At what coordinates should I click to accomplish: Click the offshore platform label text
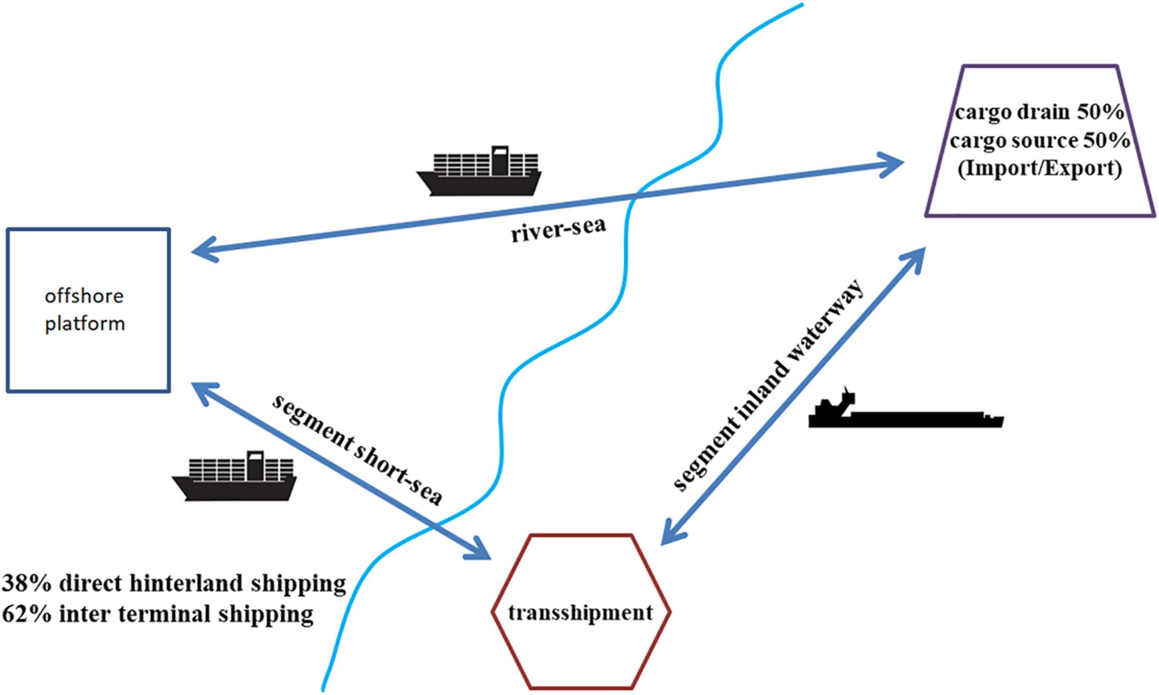85,310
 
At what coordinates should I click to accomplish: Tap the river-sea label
558,229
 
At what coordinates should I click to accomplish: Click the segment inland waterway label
768,384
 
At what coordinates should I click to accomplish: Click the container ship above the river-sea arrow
479,172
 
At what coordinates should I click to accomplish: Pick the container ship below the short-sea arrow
234,476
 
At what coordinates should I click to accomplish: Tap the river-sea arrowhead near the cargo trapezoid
894,164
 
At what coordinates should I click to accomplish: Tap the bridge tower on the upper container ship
500,160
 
